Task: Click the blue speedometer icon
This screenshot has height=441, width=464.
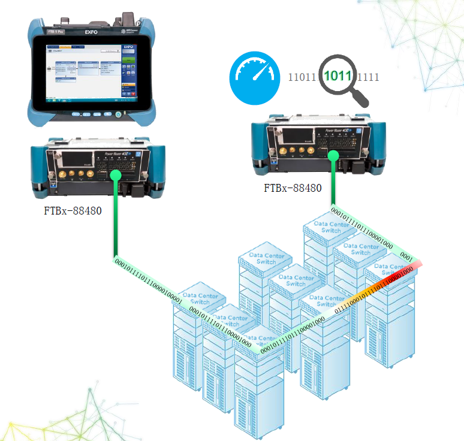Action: [255, 76]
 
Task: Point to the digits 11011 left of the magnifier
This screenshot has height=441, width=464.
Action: [302, 77]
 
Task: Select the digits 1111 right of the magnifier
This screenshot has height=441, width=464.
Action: [368, 77]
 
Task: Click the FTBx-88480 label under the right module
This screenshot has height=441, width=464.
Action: [293, 188]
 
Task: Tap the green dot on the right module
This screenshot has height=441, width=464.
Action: [332, 155]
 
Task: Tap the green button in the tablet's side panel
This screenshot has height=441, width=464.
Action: [128, 61]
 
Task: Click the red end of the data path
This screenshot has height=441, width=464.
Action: [417, 264]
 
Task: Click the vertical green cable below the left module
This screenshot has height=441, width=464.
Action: [114, 222]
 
